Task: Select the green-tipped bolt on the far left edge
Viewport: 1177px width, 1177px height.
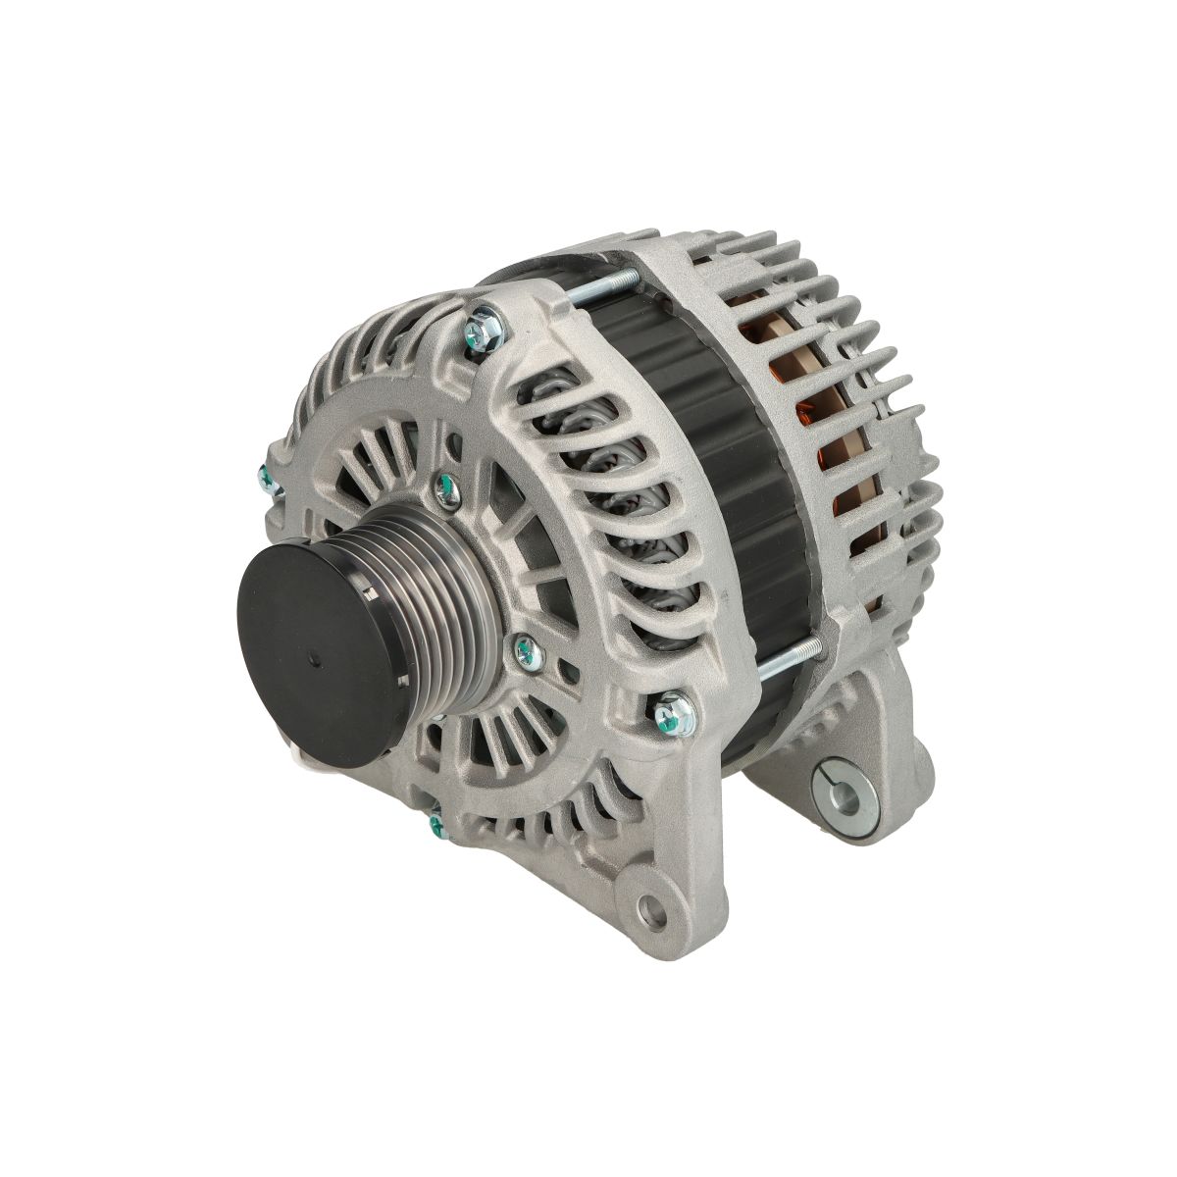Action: pyautogui.click(x=265, y=479)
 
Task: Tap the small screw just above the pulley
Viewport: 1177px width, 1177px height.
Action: pyautogui.click(x=444, y=485)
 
